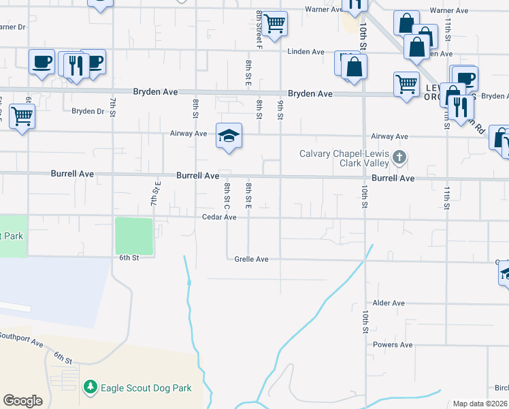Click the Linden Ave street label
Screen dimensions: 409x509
coord(306,52)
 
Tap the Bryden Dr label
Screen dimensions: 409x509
coord(87,111)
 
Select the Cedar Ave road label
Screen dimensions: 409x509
coord(219,217)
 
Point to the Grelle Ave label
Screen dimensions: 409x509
coord(252,260)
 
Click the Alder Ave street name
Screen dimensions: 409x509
coord(389,303)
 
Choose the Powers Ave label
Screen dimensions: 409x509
coord(393,345)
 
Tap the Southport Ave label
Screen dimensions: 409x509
coord(21,336)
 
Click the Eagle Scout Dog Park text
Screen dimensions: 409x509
coord(146,388)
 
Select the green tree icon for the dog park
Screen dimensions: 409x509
coord(90,388)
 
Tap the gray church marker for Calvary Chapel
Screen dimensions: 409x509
coord(399,158)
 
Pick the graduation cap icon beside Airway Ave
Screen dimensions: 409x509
coord(229,135)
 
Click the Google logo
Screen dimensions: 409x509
coord(22,401)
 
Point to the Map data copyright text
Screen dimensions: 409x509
coord(480,404)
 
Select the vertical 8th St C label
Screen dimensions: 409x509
coord(227,196)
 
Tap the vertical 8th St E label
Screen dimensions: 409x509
coord(248,196)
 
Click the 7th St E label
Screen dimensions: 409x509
coord(157,194)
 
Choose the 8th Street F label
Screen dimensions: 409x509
coord(259,28)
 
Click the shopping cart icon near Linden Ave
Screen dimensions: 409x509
coord(275,24)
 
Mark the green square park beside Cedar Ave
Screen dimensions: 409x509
coord(134,236)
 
